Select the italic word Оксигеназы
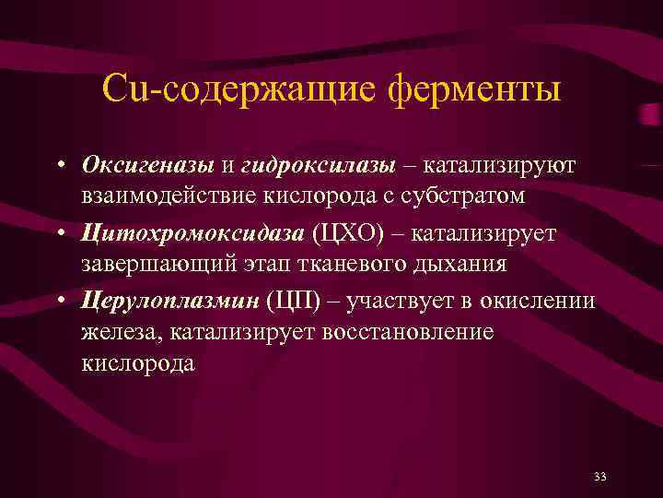click(147, 164)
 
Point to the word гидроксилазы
click(317, 164)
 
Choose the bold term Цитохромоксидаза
click(192, 233)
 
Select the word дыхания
click(461, 265)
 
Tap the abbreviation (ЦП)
click(293, 302)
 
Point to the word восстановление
click(408, 333)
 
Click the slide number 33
click(600, 476)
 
